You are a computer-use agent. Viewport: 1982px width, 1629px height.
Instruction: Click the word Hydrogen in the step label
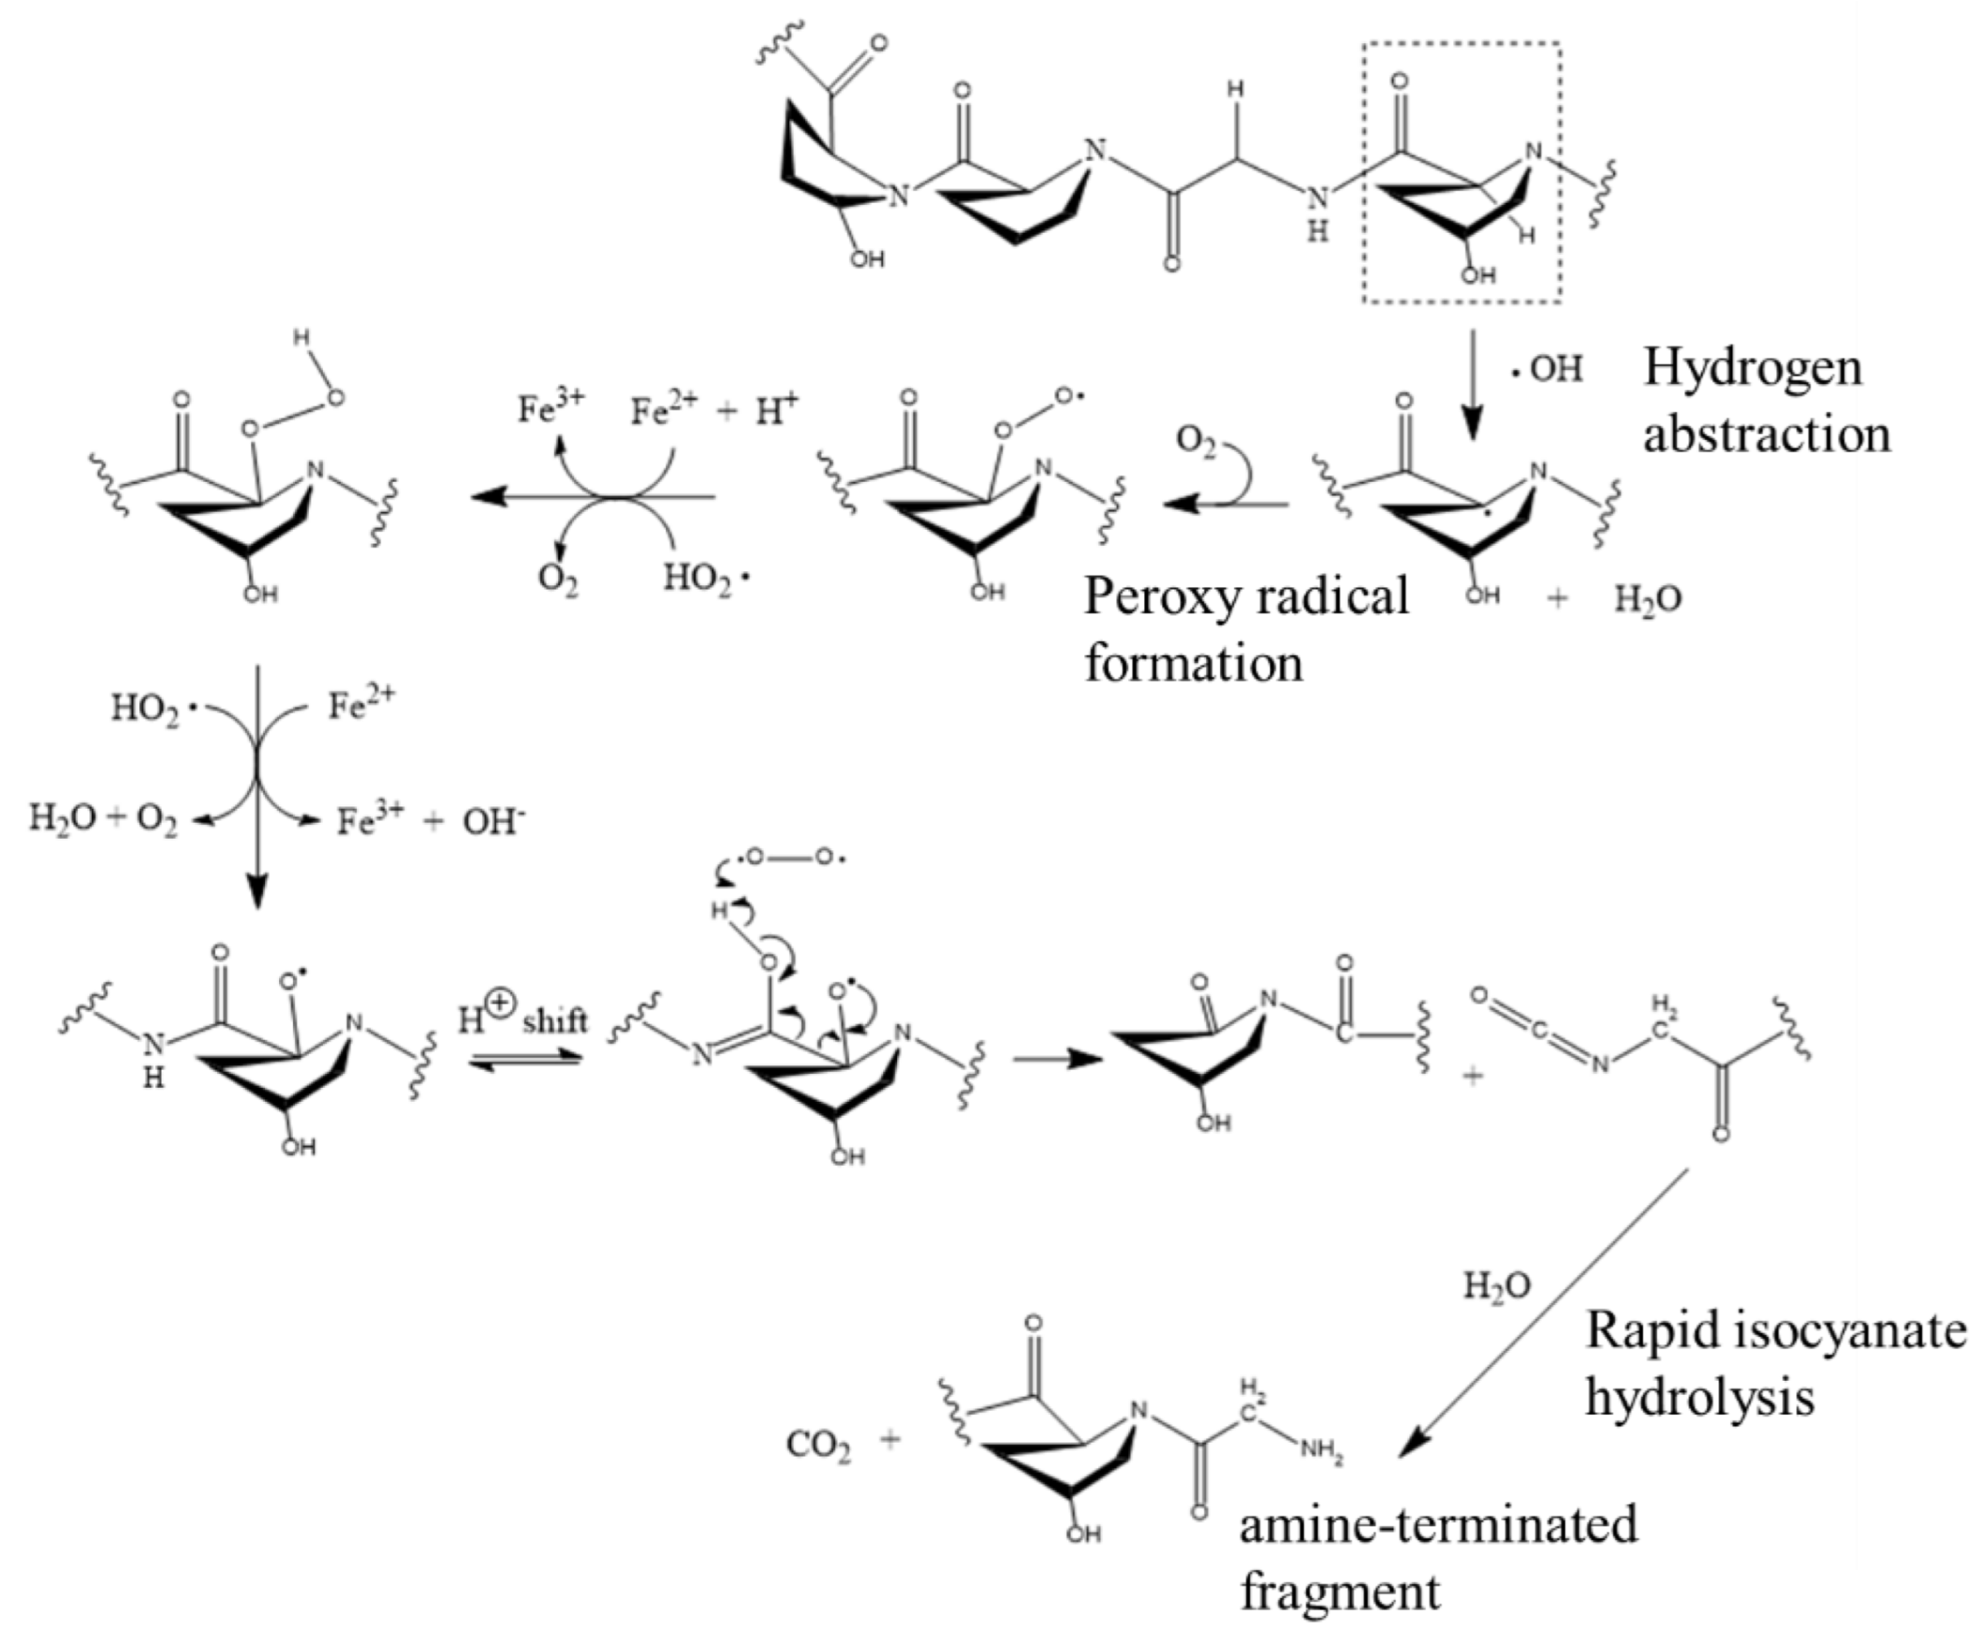[x=1752, y=368]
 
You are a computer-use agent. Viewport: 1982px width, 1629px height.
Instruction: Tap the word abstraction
[x=1766, y=435]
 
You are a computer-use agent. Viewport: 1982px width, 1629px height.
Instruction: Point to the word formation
[x=1193, y=662]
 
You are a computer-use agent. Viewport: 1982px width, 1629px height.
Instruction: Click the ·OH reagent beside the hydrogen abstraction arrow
[x=1549, y=369]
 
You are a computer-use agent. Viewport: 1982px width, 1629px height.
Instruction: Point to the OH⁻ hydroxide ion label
[x=494, y=822]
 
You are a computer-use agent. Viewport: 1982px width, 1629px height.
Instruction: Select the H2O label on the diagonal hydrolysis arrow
[x=1497, y=1286]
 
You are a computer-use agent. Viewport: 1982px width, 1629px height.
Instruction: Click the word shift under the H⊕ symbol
[x=555, y=1020]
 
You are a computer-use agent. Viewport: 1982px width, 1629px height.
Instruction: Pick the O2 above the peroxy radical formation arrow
[x=1197, y=440]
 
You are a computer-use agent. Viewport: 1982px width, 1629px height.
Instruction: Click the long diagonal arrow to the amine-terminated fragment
[x=1548, y=1314]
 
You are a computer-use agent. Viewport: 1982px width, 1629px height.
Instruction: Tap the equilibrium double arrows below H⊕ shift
[x=525, y=1057]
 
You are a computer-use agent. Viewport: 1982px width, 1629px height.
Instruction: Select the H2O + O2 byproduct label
[x=103, y=819]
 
